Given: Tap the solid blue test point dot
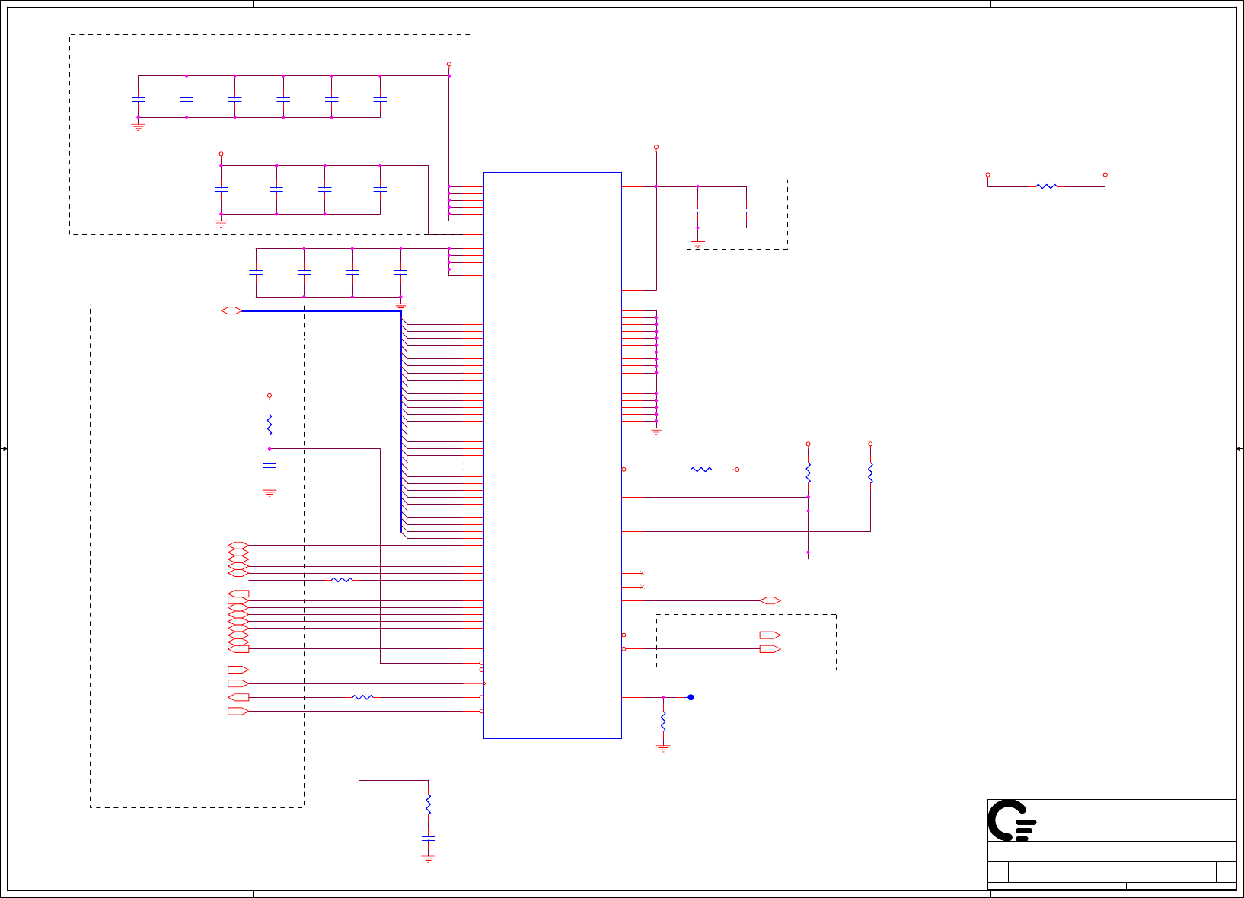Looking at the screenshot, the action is tap(691, 697).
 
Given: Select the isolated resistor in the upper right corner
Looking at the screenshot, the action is tap(1047, 186).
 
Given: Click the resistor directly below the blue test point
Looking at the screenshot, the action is tap(663, 721).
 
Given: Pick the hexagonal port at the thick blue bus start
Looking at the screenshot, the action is tap(231, 310).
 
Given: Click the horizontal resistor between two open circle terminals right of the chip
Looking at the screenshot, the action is tap(700, 470).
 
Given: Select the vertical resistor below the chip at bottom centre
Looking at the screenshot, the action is tap(428, 804).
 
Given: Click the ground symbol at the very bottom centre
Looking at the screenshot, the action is tap(428, 858).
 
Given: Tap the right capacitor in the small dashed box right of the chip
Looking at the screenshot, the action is tap(746, 210).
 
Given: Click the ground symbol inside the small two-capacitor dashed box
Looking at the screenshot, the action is tap(697, 244).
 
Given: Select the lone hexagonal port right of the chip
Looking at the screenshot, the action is tap(770, 600).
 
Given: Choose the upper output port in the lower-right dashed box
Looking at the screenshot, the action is tap(770, 635).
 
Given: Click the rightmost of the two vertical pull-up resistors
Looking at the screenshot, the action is tap(870, 473).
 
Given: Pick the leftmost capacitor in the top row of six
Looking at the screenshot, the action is tap(138, 99).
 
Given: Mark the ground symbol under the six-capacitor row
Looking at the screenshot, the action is tap(138, 126).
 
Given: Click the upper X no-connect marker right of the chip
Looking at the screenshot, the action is tap(642, 573).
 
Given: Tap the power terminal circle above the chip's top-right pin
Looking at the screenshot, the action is tap(655, 147).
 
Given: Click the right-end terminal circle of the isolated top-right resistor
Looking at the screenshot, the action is tap(1105, 174).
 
